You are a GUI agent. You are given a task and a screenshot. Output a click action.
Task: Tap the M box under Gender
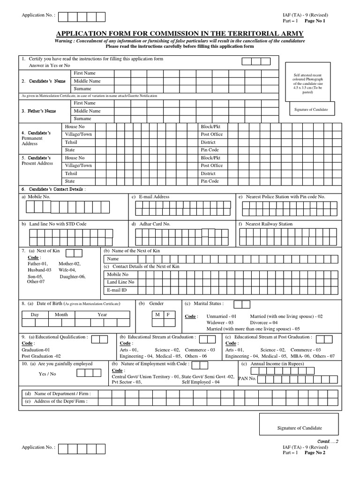(x=157, y=315)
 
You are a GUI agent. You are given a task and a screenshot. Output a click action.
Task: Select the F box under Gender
(x=168, y=315)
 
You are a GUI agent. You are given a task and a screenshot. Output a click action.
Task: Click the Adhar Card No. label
(x=154, y=224)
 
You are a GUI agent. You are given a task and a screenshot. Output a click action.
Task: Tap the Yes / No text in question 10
(x=47, y=374)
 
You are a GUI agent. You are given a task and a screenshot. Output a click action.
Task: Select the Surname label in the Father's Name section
(x=82, y=119)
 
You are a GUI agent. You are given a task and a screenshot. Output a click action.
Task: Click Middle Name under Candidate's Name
(x=87, y=81)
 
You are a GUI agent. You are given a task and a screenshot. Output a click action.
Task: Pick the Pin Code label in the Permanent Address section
(x=210, y=150)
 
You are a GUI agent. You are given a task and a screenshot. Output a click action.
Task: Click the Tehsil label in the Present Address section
(x=71, y=173)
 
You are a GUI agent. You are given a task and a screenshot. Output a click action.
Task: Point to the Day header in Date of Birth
(x=35, y=315)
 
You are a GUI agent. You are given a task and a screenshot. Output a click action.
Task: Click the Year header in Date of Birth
(x=102, y=315)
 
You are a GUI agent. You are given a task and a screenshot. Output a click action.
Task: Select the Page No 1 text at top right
(x=315, y=22)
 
